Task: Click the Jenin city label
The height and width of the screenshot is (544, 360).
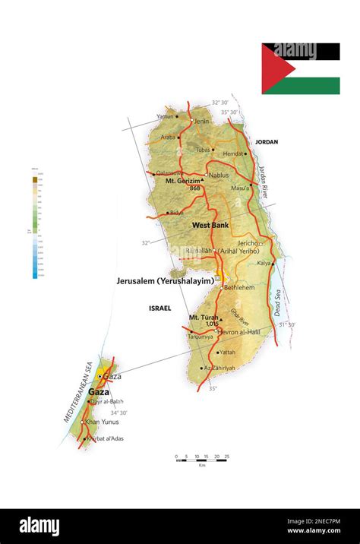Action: (201, 121)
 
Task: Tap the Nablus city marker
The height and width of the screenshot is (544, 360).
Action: (206, 175)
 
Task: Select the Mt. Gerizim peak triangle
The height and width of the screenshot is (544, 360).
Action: (203, 180)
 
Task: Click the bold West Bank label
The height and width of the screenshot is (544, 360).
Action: (210, 225)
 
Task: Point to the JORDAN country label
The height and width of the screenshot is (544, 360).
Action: (267, 142)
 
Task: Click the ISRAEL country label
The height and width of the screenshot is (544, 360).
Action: (160, 308)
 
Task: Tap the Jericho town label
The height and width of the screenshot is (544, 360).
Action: (248, 243)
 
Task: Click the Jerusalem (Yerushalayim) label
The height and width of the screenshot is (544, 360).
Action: (165, 280)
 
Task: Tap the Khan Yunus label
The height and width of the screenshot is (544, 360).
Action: (102, 422)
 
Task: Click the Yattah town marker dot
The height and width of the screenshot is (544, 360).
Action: (216, 353)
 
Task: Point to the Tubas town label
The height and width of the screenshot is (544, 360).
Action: (203, 150)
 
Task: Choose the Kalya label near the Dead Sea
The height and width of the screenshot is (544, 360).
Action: (264, 263)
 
